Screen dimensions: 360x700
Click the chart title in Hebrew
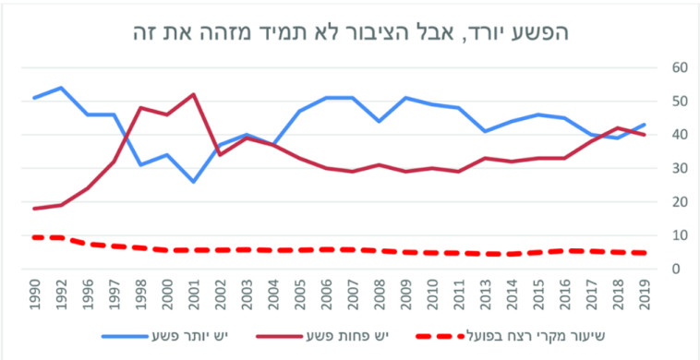(x=349, y=30)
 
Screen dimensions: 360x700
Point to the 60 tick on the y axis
(x=679, y=67)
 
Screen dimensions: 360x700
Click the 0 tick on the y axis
(x=679, y=270)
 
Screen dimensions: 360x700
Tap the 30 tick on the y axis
(x=679, y=169)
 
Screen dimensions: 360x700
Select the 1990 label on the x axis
(x=34, y=294)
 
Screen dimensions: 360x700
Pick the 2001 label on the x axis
(x=193, y=294)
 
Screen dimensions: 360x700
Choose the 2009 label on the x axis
(x=404, y=294)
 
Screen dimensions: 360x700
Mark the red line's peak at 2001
(x=193, y=94)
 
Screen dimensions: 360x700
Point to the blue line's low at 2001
(x=193, y=181)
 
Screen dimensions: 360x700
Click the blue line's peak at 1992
(x=61, y=88)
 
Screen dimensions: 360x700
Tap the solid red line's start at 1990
(x=34, y=209)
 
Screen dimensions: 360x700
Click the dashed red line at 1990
(x=34, y=237)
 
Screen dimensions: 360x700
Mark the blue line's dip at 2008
(x=379, y=121)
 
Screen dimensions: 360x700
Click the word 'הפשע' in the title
(x=542, y=30)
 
